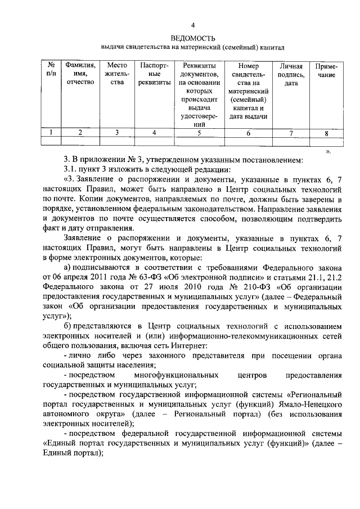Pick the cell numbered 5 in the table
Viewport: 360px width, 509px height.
pos(199,133)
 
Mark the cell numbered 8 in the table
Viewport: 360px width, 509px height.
pos(326,133)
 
